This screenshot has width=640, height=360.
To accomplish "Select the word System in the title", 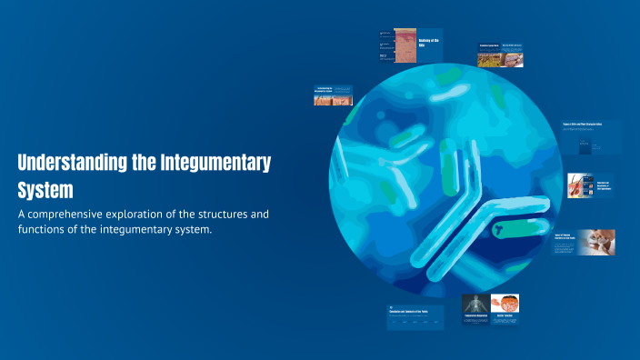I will coord(44,190).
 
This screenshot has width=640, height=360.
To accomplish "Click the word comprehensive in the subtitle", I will coord(78,214).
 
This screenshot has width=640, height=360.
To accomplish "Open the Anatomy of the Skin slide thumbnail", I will coord(412,45).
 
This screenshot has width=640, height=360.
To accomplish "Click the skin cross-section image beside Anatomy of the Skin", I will coord(404,45).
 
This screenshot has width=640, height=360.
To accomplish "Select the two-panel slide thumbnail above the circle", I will coord(500,55).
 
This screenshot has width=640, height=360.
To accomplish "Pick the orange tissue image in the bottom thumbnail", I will coord(505,303).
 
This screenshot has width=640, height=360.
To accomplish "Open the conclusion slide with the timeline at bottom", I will coord(415,316).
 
